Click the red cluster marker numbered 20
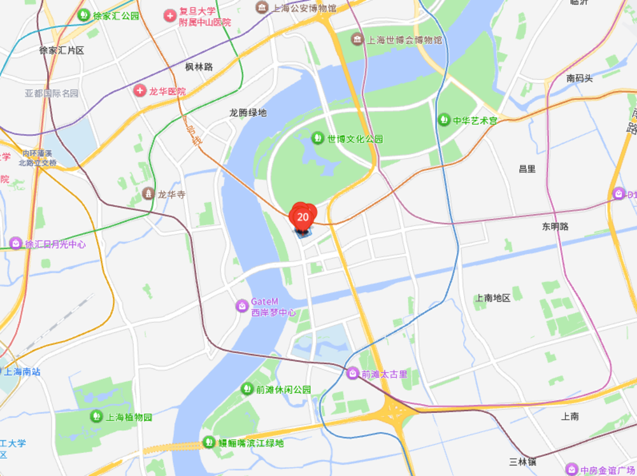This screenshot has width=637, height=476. click(x=303, y=217)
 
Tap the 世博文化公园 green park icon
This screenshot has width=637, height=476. click(x=317, y=137)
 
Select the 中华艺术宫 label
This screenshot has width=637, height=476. click(x=475, y=120)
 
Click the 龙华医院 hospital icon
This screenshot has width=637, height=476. click(x=140, y=91)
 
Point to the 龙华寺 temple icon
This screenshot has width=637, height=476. click(x=148, y=193)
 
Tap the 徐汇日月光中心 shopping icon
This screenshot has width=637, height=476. click(x=16, y=244)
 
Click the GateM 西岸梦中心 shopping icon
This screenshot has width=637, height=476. click(x=242, y=306)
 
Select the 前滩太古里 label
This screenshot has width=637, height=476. click(x=384, y=374)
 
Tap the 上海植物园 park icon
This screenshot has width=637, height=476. click(x=96, y=417)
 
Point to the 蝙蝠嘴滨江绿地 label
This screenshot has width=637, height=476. click(x=252, y=443)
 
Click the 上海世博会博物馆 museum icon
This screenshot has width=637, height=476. click(x=358, y=39)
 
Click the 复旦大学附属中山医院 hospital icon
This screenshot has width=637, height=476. click(x=169, y=15)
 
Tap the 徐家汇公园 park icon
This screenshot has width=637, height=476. click(x=83, y=15)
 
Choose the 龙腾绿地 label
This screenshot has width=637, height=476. click(x=248, y=113)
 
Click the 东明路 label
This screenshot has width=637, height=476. click(x=555, y=226)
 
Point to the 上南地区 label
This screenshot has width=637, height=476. click(x=493, y=297)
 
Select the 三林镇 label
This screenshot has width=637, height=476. click(x=523, y=461)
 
